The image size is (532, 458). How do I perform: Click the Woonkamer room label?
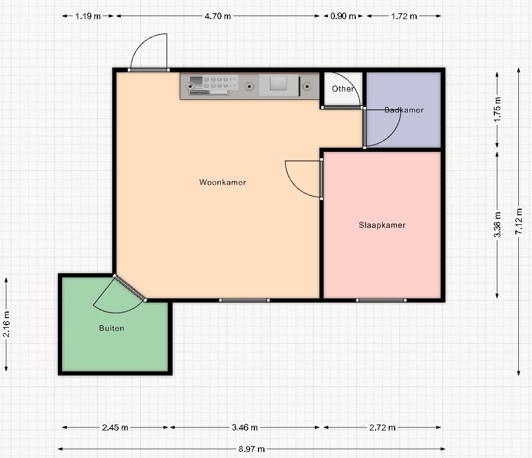pyautogui.click(x=223, y=182)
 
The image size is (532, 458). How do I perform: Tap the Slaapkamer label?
pyautogui.click(x=382, y=225)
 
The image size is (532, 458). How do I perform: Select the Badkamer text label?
pyautogui.click(x=404, y=110)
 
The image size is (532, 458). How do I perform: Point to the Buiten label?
pyautogui.click(x=112, y=328)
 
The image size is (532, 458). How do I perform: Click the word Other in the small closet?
pyautogui.click(x=343, y=88)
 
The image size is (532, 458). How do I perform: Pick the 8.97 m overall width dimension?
pyautogui.click(x=251, y=449)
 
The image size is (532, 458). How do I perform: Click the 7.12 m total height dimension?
pyautogui.click(x=519, y=221)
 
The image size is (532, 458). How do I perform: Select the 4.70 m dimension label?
pyautogui.click(x=217, y=16)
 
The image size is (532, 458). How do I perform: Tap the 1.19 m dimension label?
pyautogui.click(x=88, y=16)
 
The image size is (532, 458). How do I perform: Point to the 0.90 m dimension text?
pyautogui.click(x=343, y=16)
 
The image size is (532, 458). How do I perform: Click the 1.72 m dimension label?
pyautogui.click(x=404, y=16)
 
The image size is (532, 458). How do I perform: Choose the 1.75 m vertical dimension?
pyautogui.click(x=497, y=109)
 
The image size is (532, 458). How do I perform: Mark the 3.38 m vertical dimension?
pyautogui.click(x=497, y=225)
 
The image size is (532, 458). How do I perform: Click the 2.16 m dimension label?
pyautogui.click(x=6, y=324)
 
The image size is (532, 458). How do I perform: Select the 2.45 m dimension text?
pyautogui.click(x=115, y=428)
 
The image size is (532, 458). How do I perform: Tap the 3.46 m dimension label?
pyautogui.click(x=245, y=428)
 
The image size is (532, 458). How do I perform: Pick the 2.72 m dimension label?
pyautogui.click(x=382, y=428)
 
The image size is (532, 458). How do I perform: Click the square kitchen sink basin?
pyautogui.click(x=279, y=84)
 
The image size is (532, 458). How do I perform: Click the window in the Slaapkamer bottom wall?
pyautogui.click(x=381, y=300)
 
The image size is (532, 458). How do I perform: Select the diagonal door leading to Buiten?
pyautogui.click(x=130, y=288)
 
